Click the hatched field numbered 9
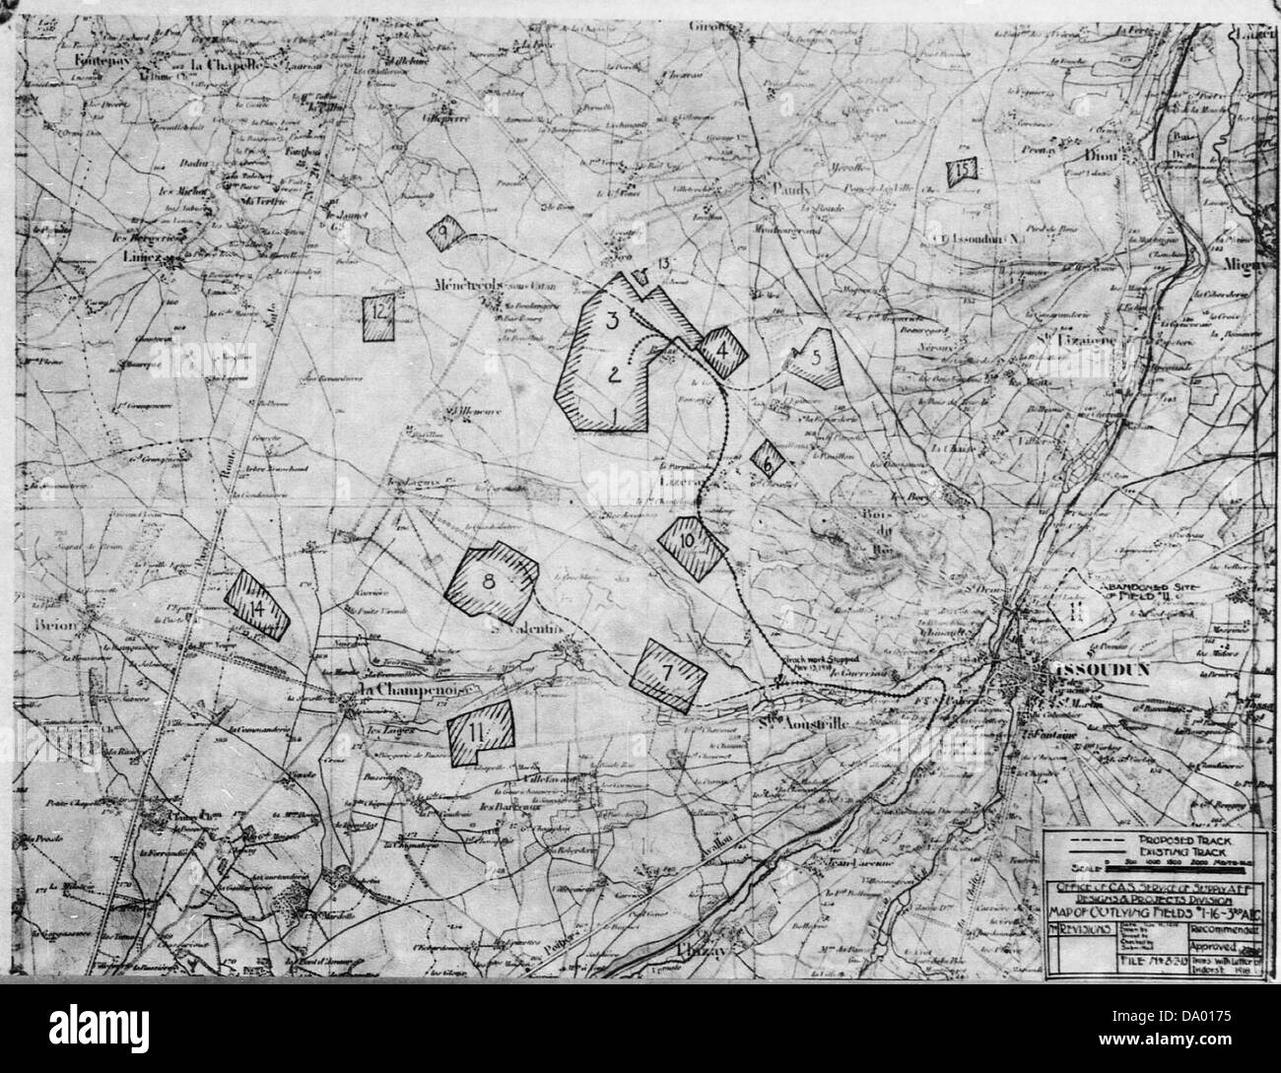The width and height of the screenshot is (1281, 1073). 445,234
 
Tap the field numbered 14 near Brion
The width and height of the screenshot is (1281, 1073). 257,605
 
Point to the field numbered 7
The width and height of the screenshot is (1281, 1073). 669,674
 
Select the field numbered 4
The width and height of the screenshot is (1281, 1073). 724,351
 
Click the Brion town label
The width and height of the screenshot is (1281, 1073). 48,624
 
